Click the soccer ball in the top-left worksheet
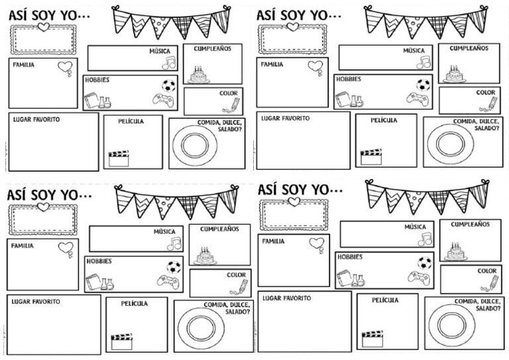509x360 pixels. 168,85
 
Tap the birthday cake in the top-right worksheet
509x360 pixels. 454,74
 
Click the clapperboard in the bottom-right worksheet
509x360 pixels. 371,339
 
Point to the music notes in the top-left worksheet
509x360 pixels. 169,62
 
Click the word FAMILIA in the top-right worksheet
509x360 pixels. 272,64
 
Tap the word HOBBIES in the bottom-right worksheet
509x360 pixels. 349,257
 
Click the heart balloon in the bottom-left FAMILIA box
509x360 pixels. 66,249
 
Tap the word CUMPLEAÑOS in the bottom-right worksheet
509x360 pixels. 470,224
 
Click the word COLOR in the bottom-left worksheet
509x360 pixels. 237,274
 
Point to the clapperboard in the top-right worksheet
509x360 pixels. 370,156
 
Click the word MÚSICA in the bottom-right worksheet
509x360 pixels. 416,227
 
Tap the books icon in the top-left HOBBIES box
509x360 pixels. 91,100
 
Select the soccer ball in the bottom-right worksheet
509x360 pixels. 424,263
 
